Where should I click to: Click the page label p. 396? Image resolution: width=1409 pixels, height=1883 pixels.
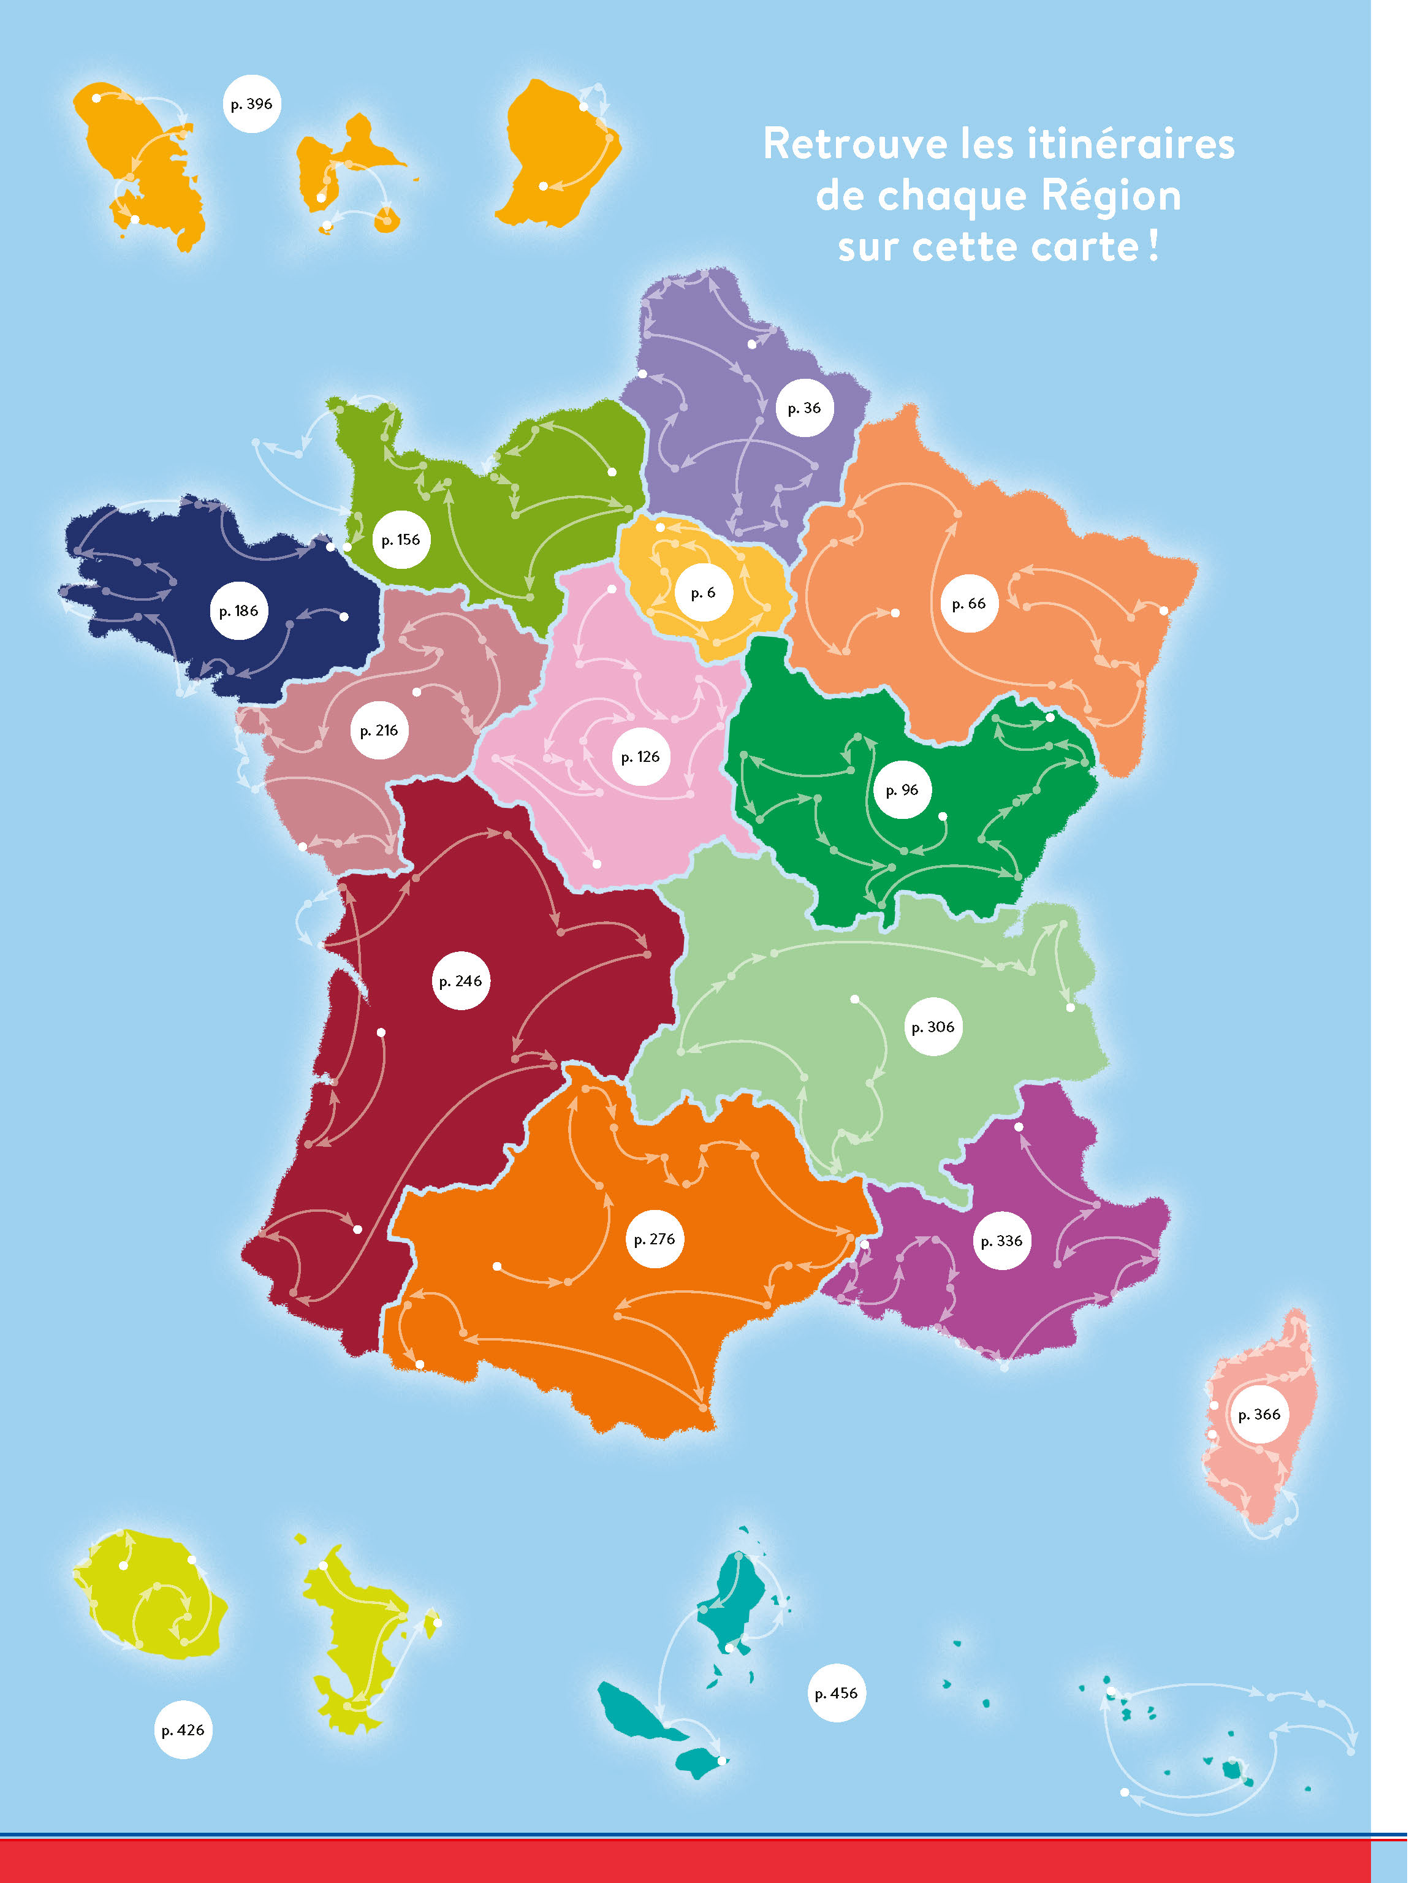(x=252, y=104)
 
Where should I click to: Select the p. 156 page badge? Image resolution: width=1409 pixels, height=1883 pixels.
(x=400, y=539)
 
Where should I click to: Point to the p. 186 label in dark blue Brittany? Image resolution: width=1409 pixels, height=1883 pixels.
(x=238, y=611)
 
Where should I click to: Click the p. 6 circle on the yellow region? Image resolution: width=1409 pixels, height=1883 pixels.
(x=703, y=593)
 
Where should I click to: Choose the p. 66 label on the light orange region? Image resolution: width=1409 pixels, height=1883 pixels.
(x=969, y=604)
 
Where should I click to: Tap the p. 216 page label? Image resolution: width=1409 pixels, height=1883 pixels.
(x=379, y=731)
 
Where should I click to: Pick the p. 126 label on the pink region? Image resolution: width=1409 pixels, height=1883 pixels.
(x=640, y=757)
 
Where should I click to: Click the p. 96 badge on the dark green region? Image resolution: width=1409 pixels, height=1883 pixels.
(x=902, y=790)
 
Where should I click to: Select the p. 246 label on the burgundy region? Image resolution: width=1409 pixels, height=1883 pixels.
(x=461, y=981)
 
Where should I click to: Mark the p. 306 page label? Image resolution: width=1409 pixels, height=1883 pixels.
(x=933, y=1027)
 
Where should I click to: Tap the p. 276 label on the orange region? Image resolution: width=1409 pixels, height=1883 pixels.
(x=655, y=1239)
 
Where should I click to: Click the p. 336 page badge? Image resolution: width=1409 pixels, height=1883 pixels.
(x=1002, y=1241)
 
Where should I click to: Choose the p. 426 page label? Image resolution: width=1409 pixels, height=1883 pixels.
(x=183, y=1730)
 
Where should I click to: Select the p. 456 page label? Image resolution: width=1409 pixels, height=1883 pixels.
(x=836, y=1693)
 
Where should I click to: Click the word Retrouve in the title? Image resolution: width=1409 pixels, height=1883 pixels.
(x=855, y=144)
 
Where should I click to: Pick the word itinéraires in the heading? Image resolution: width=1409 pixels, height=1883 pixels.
(x=1131, y=144)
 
